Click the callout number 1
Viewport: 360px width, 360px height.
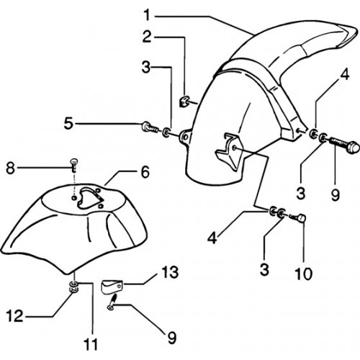coord(147,14)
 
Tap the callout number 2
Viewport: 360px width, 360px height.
coord(147,37)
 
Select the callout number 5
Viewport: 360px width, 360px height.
coord(68,124)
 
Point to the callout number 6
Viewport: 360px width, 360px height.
coord(145,172)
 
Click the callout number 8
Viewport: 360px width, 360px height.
coord(10,168)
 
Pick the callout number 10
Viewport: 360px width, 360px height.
coord(304,274)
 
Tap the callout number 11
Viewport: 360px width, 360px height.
coord(91,345)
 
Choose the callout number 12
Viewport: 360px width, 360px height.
coord(14,315)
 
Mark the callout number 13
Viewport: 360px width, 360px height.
coord(170,272)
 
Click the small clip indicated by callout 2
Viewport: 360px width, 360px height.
coord(184,102)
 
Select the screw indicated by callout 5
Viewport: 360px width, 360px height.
coord(150,127)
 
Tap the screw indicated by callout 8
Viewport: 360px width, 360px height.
coord(74,165)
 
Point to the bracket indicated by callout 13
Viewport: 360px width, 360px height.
coord(112,287)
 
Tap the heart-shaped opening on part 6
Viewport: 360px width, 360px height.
coord(89,197)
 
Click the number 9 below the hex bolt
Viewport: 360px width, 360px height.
coord(336,194)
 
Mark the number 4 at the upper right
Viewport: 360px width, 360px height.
coord(344,75)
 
